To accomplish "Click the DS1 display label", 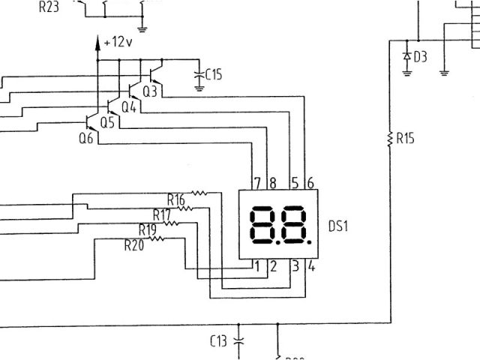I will pos(338,226).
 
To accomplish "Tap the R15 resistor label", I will pos(406,139).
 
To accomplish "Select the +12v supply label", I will pos(118,43).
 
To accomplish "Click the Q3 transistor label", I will pos(150,92).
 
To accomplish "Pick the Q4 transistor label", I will pos(129,107).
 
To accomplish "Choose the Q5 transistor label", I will pos(107,122).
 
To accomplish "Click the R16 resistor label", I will pos(176,199).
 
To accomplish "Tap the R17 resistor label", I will pos(162,215).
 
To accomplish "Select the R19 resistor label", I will pos(147,229).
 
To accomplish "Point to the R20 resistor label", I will pos(133,244).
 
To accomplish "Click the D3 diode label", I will pos(420,56).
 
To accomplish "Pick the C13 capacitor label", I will pos(218,342).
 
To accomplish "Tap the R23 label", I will pos(49,9).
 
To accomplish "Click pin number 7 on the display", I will pos(257,182).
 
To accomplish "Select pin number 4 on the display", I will pos(311,265).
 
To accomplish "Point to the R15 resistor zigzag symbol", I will pos(389,139).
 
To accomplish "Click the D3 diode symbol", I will pos(407,56).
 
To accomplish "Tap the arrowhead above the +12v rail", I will pos(97,42).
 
